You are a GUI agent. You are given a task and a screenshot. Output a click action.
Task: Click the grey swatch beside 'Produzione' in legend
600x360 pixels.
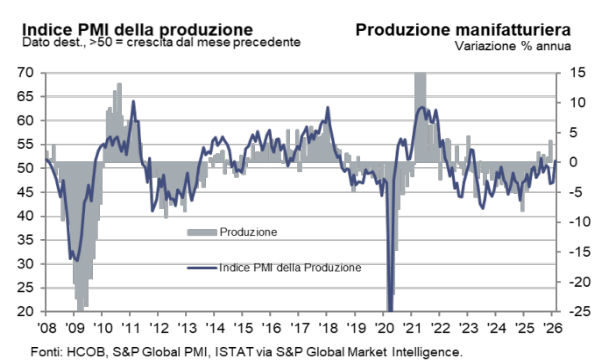[203, 232]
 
